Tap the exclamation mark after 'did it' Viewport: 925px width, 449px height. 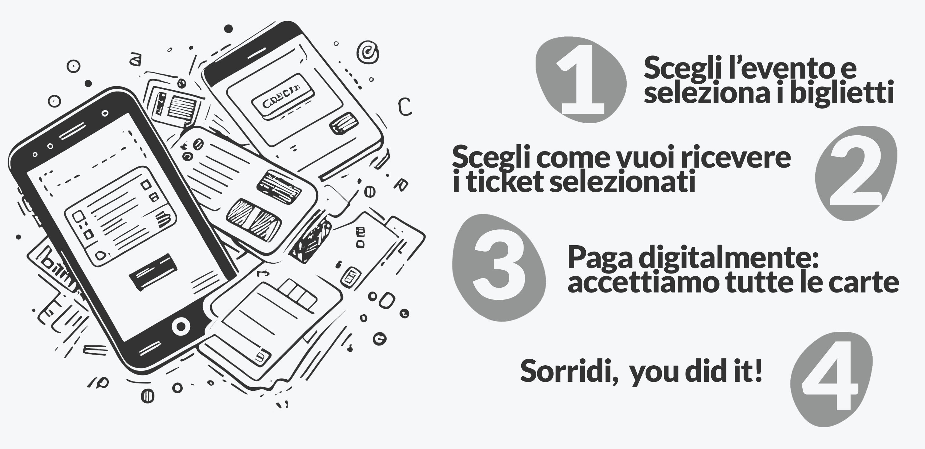click(758, 370)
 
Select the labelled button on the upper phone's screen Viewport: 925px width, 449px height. click(283, 96)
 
